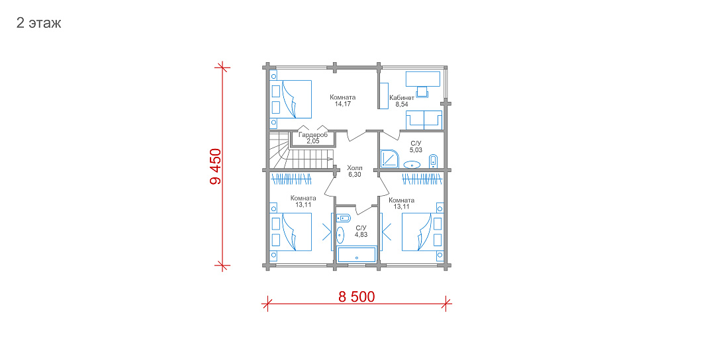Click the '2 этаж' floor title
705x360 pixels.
point(38,23)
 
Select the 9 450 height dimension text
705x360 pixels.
point(216,167)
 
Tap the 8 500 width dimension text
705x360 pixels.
point(357,296)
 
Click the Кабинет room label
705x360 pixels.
point(402,97)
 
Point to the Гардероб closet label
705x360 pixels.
point(313,135)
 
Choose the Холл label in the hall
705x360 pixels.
point(354,168)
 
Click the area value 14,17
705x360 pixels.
point(343,104)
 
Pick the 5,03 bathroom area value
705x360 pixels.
point(416,150)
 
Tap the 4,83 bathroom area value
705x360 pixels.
point(361,234)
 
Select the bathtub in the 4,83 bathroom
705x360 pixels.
point(357,255)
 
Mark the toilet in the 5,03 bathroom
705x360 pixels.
point(433,161)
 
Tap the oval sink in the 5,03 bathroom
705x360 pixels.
point(412,165)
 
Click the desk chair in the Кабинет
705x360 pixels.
point(422,91)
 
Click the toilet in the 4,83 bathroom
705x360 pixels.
point(344,218)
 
